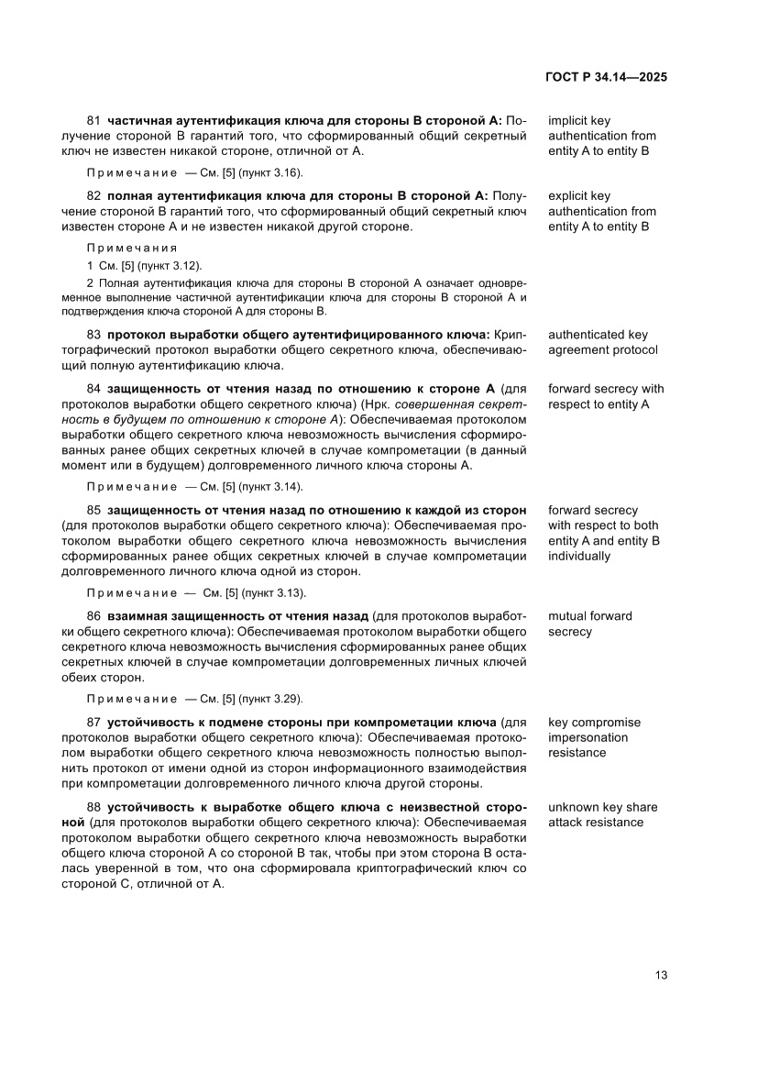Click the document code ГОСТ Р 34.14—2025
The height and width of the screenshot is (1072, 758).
pos(607,77)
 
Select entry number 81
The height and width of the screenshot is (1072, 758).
pos(93,120)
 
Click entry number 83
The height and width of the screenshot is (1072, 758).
pos(93,335)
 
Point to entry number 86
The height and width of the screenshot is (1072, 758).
pos(93,616)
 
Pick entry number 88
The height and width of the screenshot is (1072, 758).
pos(93,807)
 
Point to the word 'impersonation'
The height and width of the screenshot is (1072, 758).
pos(588,737)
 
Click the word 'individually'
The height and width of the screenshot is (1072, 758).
pos(579,556)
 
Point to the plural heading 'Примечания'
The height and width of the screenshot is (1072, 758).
pos(132,248)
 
